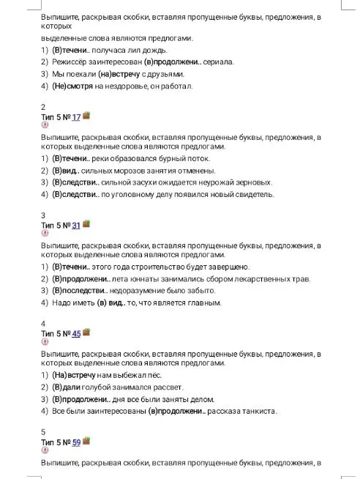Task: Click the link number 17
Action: click(76, 117)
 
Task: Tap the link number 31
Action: click(76, 225)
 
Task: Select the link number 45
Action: click(76, 333)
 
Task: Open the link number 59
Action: click(76, 442)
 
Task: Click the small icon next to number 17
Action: click(86, 116)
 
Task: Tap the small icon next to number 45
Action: click(86, 332)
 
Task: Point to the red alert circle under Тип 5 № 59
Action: click(45, 450)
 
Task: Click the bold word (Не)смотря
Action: click(72, 87)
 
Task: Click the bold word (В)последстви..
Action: click(81, 290)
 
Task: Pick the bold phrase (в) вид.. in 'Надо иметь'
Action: click(116, 302)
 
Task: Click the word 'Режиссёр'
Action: click(71, 62)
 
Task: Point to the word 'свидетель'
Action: click(253, 195)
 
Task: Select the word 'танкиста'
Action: click(258, 411)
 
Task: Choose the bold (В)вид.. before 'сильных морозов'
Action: click(69, 170)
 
